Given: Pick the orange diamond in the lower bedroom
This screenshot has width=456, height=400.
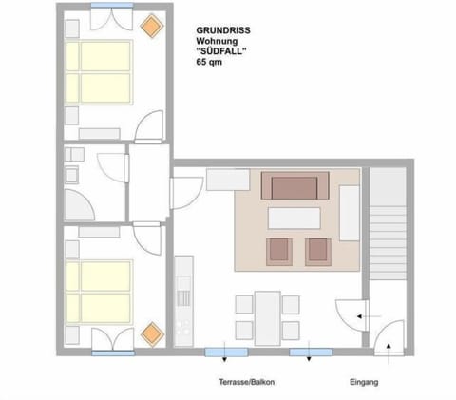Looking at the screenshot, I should [150, 334].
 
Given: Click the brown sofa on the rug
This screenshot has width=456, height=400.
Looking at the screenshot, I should [295, 185].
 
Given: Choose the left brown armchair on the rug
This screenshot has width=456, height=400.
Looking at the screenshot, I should [279, 251].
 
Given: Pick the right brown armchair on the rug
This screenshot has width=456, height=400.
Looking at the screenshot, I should [316, 251].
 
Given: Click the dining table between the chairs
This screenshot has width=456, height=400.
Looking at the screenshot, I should [268, 317].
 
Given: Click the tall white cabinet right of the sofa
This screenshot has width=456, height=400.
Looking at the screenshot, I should [349, 213].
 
